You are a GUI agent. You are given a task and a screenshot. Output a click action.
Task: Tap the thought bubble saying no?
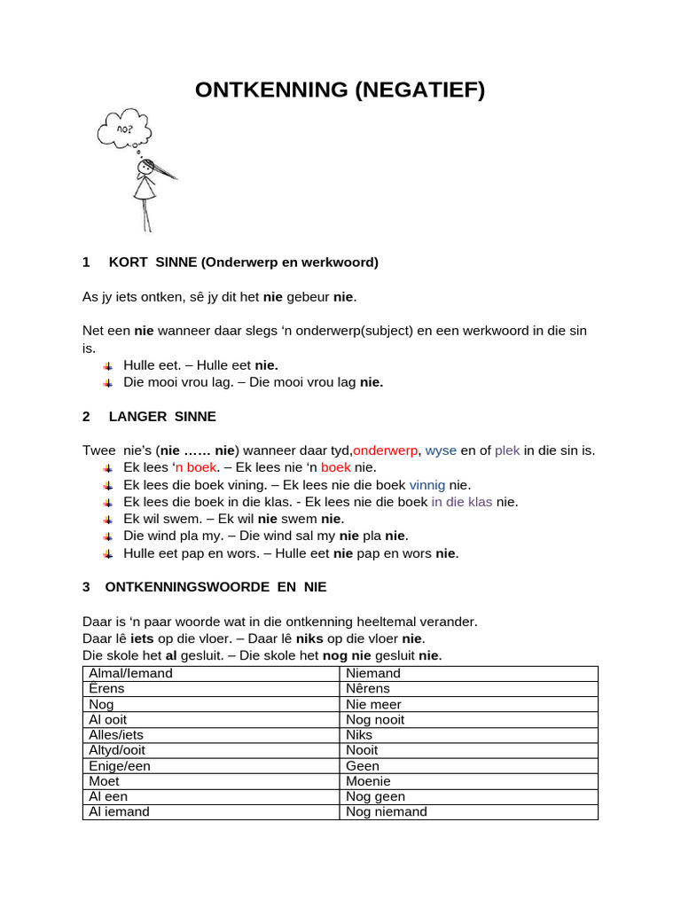coord(121,129)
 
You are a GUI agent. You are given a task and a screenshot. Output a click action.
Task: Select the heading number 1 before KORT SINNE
coord(86,262)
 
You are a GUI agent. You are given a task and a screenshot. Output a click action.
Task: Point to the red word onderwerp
coord(386,450)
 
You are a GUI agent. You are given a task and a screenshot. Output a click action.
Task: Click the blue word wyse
coord(441,450)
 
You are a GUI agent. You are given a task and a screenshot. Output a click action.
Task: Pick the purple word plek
coord(507,450)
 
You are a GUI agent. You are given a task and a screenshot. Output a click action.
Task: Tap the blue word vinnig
coord(427,484)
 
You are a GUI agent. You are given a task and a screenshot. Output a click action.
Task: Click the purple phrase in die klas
coord(461,501)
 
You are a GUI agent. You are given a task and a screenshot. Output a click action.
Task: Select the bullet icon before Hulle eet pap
coord(107,553)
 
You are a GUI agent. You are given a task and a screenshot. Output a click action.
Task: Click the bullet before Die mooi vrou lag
coord(107,382)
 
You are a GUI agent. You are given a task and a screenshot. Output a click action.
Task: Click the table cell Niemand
coord(373,673)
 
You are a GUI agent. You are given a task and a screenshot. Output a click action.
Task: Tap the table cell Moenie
coord(368,781)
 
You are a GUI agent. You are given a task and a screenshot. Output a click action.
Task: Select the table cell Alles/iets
coord(116,734)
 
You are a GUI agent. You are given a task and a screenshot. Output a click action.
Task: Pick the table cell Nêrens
coord(368,688)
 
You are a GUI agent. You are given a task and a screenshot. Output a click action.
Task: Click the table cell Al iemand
coord(120,811)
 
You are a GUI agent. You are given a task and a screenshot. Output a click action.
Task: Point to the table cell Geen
coord(363,765)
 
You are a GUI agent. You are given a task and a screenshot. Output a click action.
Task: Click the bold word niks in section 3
coord(310,638)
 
